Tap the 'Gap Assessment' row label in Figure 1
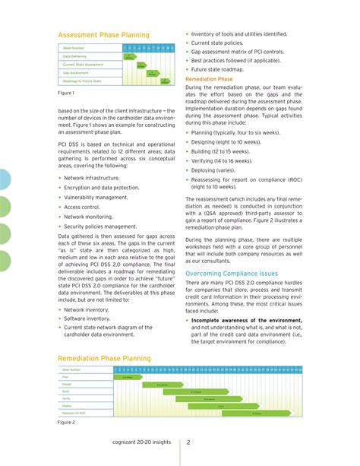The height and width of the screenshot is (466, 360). coord(76,73)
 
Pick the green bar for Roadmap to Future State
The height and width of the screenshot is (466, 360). coord(168,81)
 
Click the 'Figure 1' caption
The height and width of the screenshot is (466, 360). coord(66,93)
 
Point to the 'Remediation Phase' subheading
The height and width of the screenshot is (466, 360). coord(209,78)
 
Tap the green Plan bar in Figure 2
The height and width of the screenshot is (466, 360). coord(128,376)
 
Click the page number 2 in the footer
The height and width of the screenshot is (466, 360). coord(188,442)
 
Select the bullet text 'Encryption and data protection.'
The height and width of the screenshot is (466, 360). coord(101,186)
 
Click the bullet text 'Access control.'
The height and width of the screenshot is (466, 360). coord(81,206)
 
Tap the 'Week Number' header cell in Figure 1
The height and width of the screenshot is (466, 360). coord(74,48)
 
